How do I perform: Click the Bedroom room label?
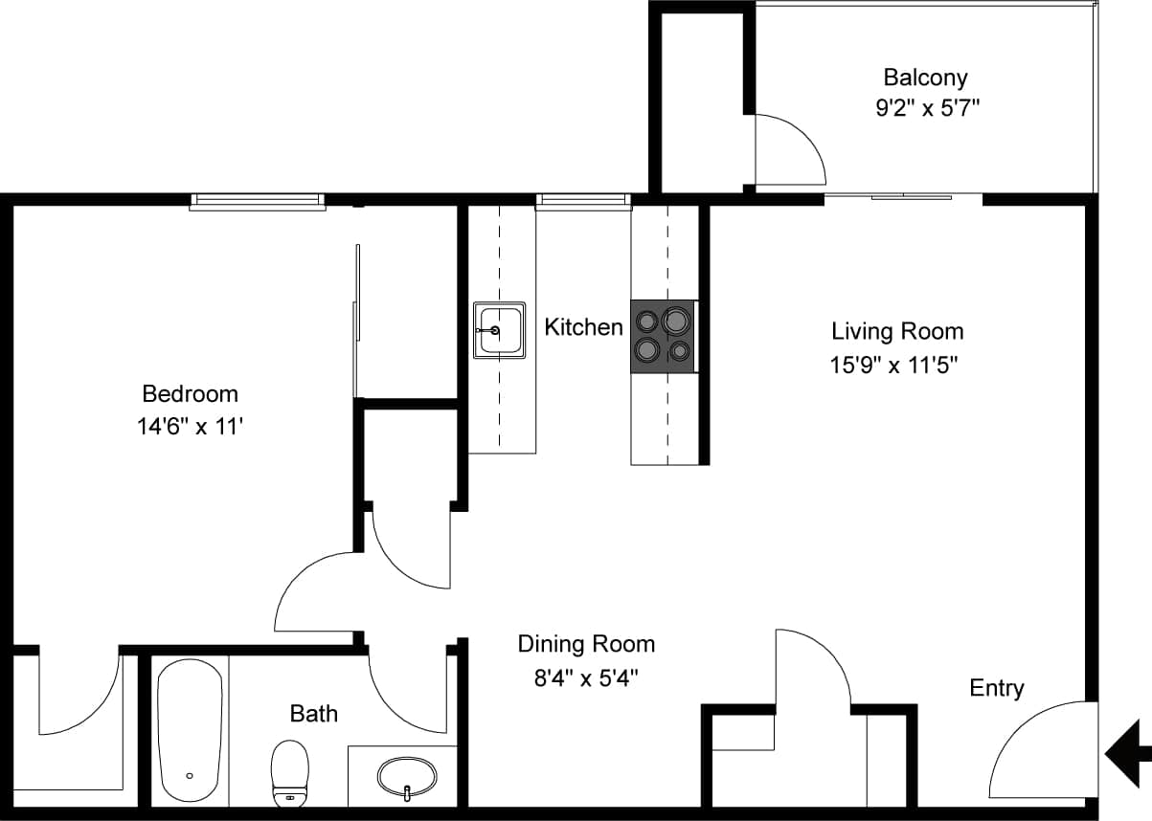coord(190,393)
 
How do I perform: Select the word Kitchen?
coord(583,327)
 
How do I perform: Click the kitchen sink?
coord(499,330)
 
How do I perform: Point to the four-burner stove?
coord(663,336)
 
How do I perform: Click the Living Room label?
coord(897,331)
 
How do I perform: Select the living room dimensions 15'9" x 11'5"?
coord(894,365)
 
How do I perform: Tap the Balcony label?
coord(925,77)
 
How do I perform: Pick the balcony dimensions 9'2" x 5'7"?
coord(925,109)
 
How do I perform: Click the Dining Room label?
coord(586,644)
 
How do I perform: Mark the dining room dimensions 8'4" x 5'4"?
coord(586,677)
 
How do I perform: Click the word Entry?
coord(997,688)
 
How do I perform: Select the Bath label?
coord(313,713)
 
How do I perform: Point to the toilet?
coord(290,771)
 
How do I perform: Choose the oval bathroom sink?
coord(407,776)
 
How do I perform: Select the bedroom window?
coord(258,201)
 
